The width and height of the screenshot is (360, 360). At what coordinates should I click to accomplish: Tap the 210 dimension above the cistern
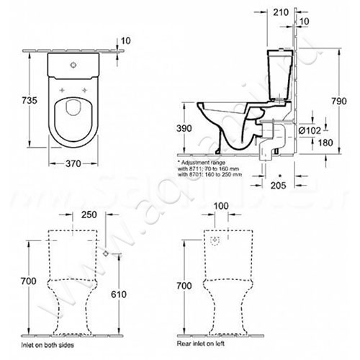point(280,12)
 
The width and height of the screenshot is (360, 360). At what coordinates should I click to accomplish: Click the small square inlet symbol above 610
point(106,254)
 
